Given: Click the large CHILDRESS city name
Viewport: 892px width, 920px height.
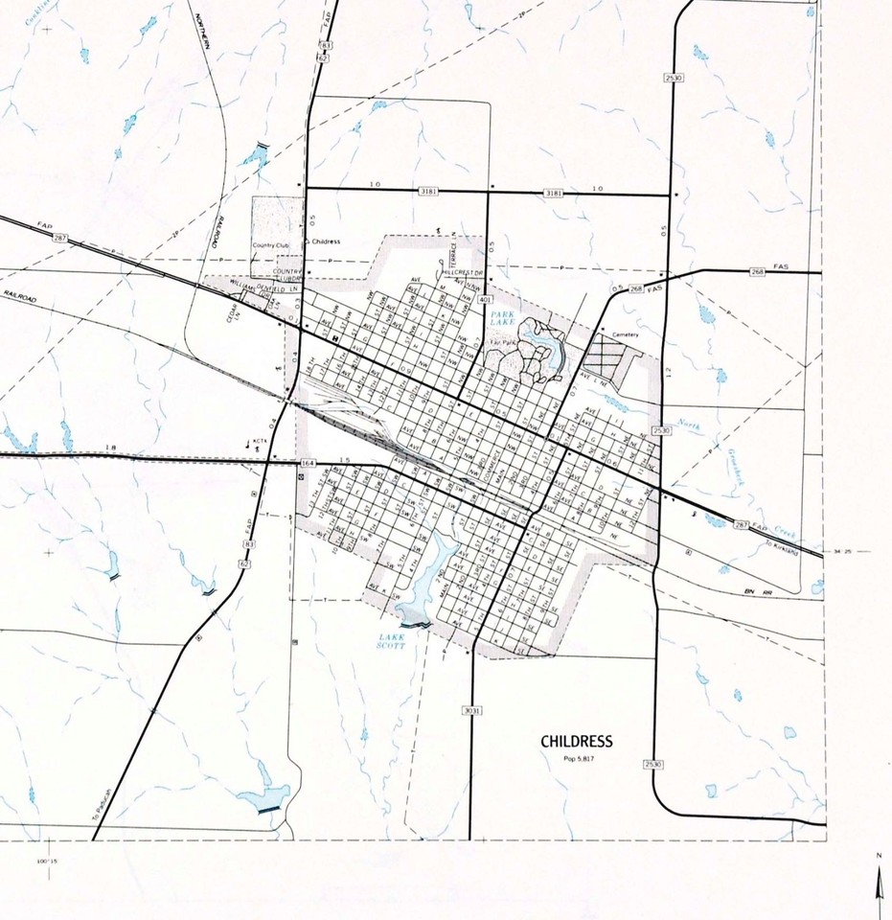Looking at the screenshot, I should [x=576, y=741].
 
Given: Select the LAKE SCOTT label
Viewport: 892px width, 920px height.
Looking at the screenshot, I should [x=391, y=641].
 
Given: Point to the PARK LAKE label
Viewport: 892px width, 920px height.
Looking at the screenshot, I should [x=504, y=318].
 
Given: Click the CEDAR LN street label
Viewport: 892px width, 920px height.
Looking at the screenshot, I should [x=232, y=312].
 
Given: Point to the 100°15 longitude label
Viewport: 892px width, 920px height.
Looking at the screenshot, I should [x=47, y=862].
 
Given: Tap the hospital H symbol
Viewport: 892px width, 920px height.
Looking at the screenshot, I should [x=334, y=339].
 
